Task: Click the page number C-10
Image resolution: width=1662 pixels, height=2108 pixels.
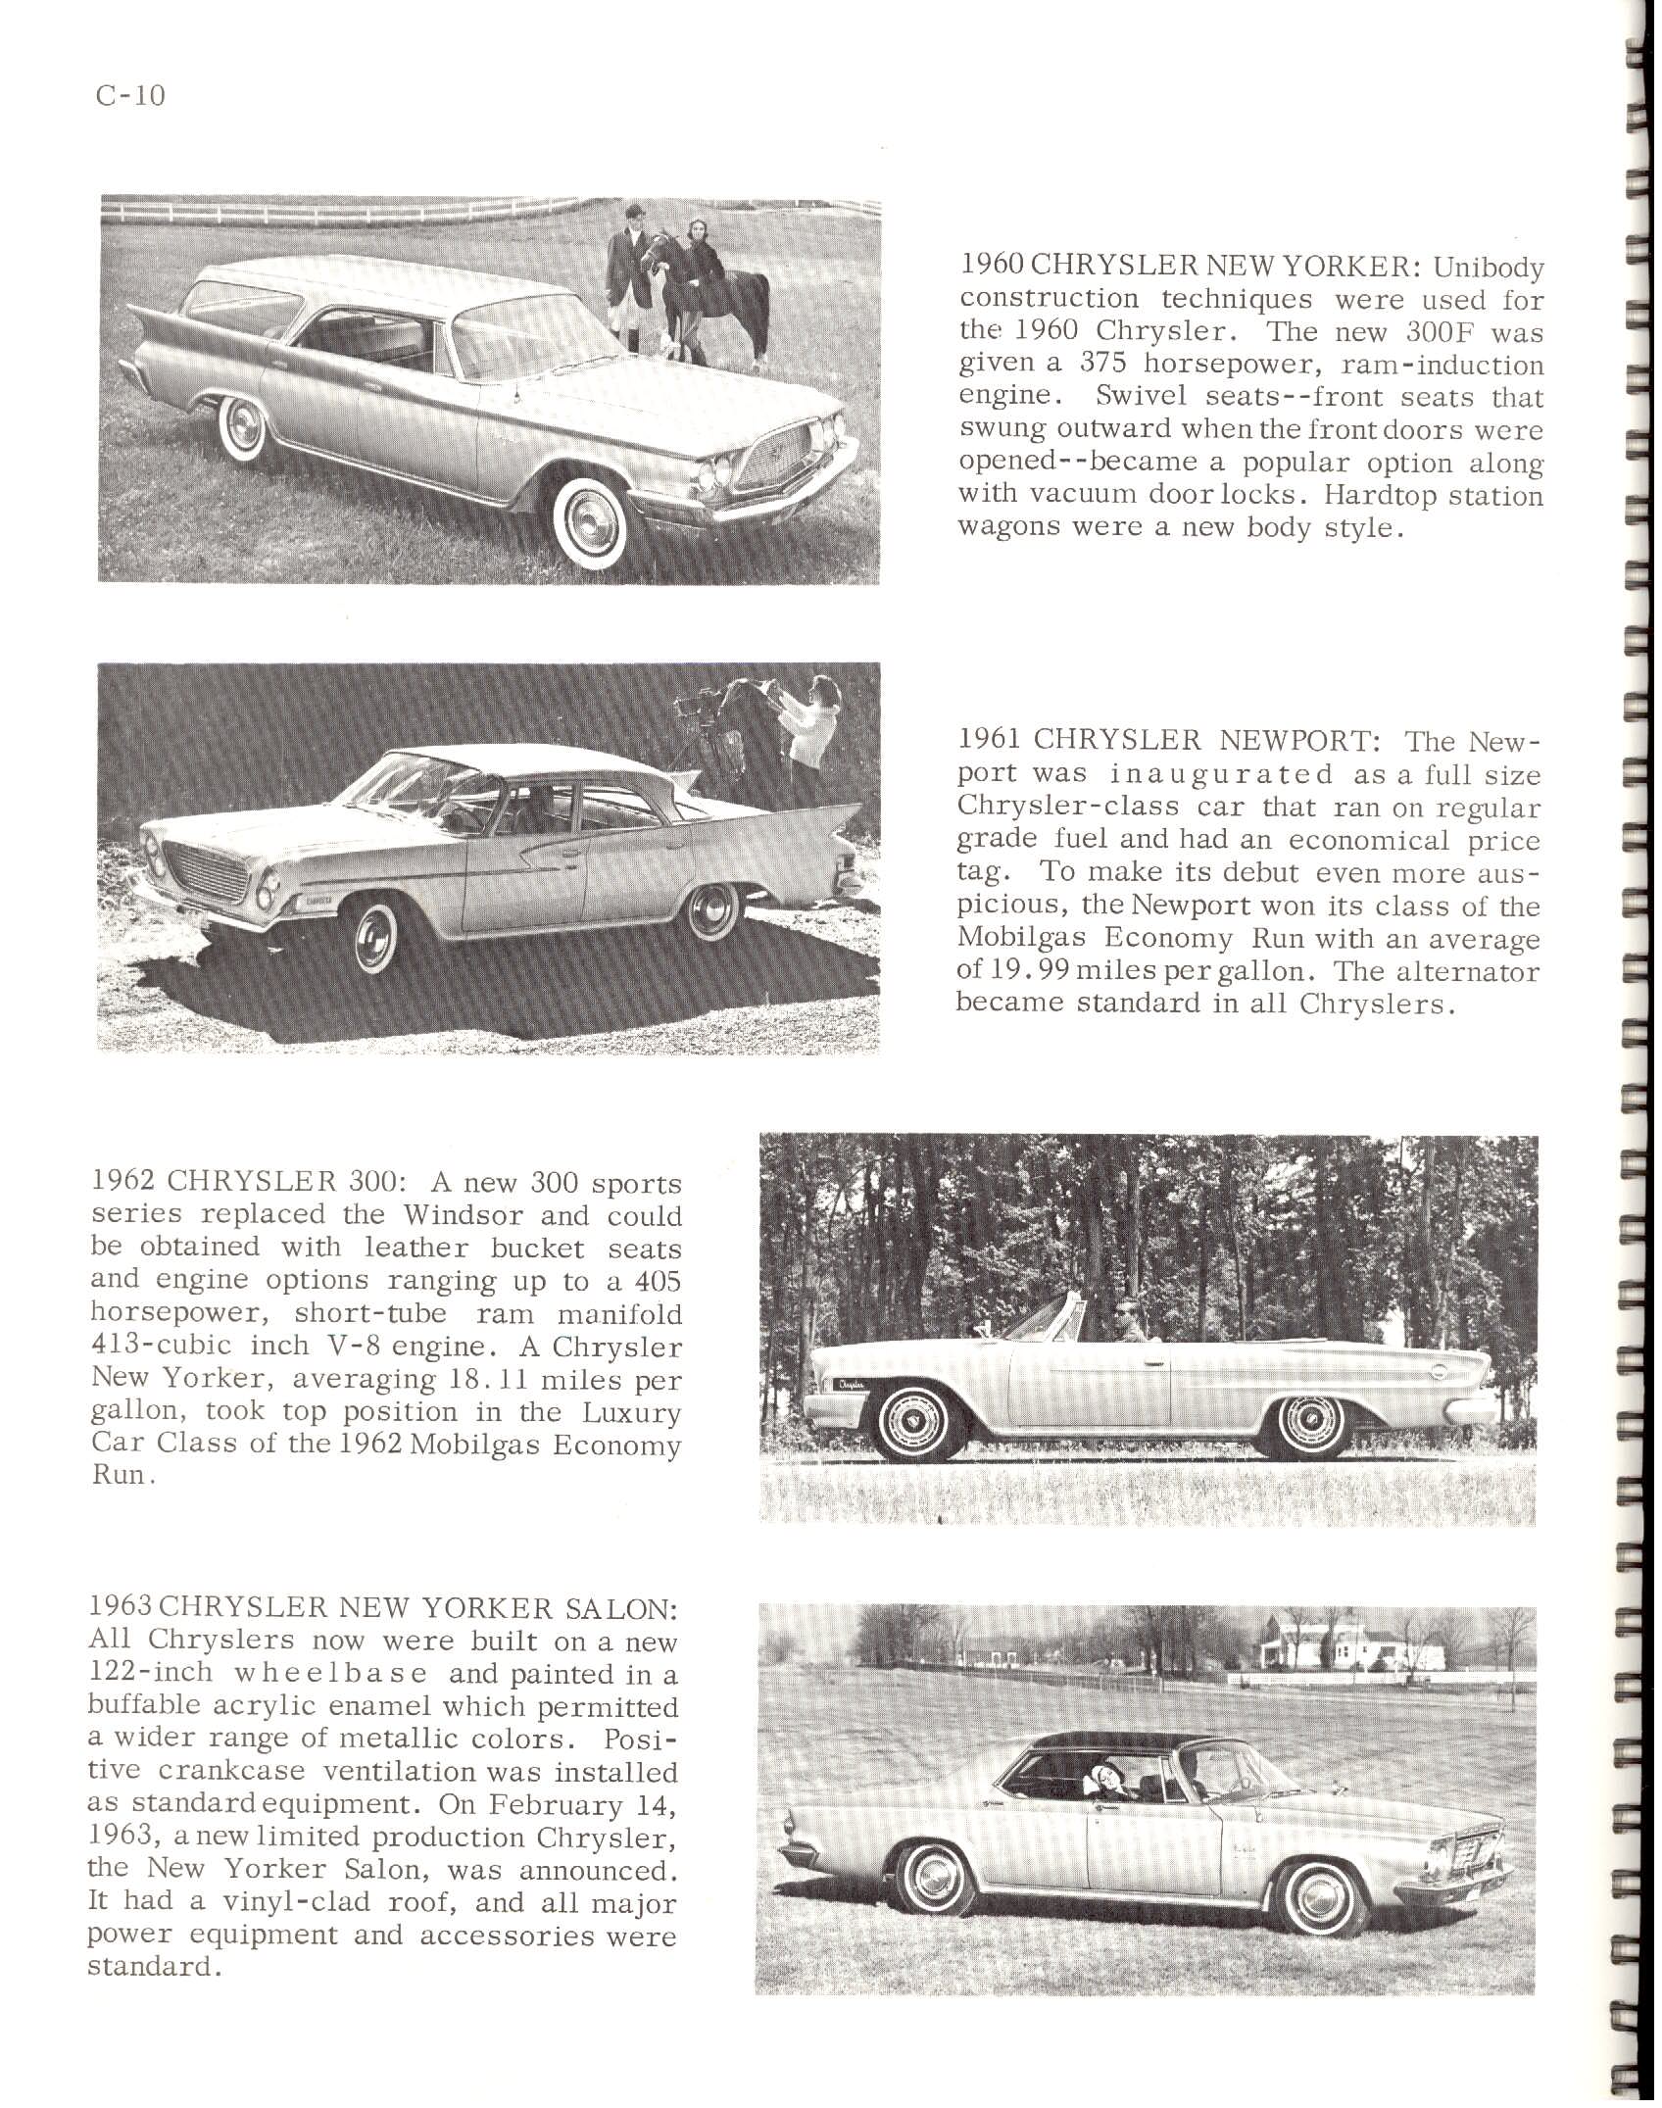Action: coord(130,96)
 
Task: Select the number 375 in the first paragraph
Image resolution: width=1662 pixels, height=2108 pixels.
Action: coord(1095,364)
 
